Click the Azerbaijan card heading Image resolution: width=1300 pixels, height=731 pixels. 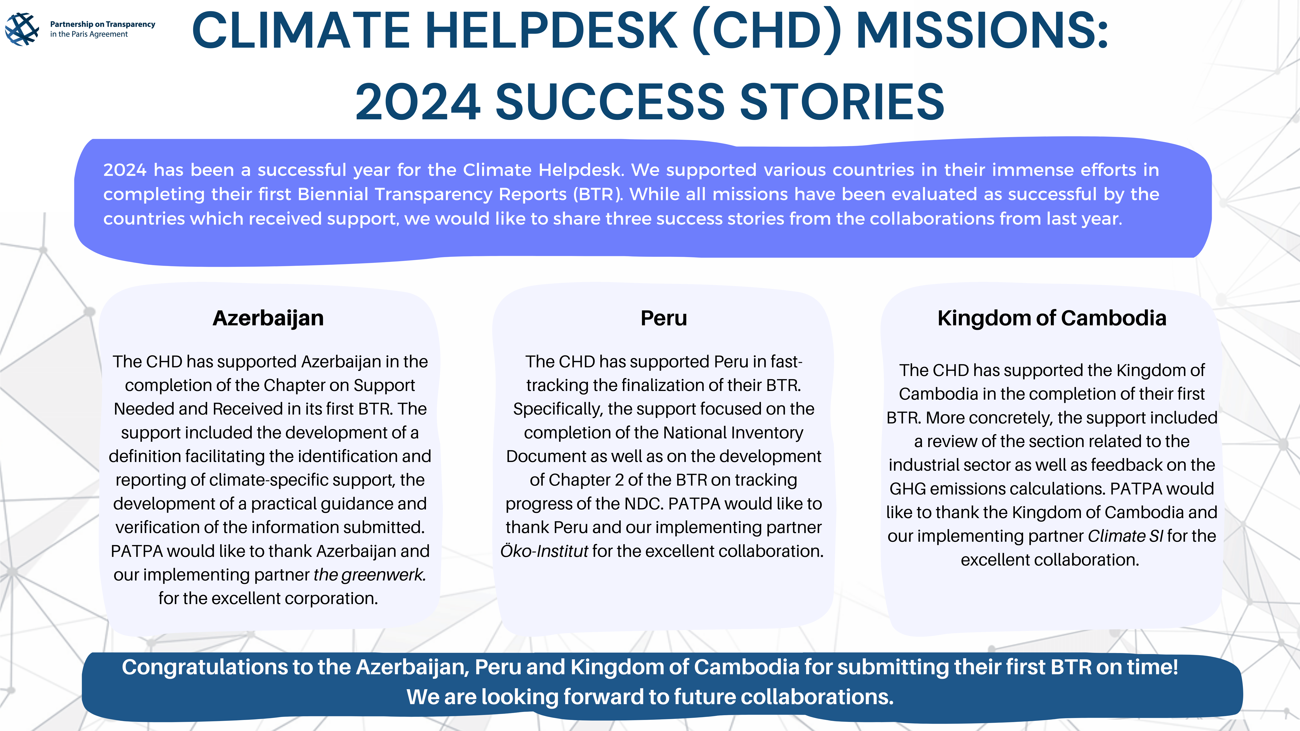pyautogui.click(x=268, y=318)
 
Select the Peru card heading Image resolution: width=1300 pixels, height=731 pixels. pyautogui.click(x=664, y=318)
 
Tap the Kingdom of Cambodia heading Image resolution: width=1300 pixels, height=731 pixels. pyautogui.click(x=1052, y=318)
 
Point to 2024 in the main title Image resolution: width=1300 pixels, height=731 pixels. pyautogui.click(x=418, y=102)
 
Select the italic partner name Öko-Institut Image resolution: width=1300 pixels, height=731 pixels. pyautogui.click(x=544, y=551)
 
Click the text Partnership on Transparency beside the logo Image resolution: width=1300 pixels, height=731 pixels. pyautogui.click(x=102, y=24)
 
